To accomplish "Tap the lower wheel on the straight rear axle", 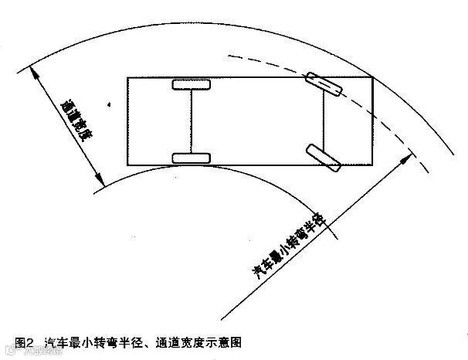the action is pos(191,158).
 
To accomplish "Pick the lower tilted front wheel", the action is pos(323,157).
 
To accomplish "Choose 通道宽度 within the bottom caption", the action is pos(179,341).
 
